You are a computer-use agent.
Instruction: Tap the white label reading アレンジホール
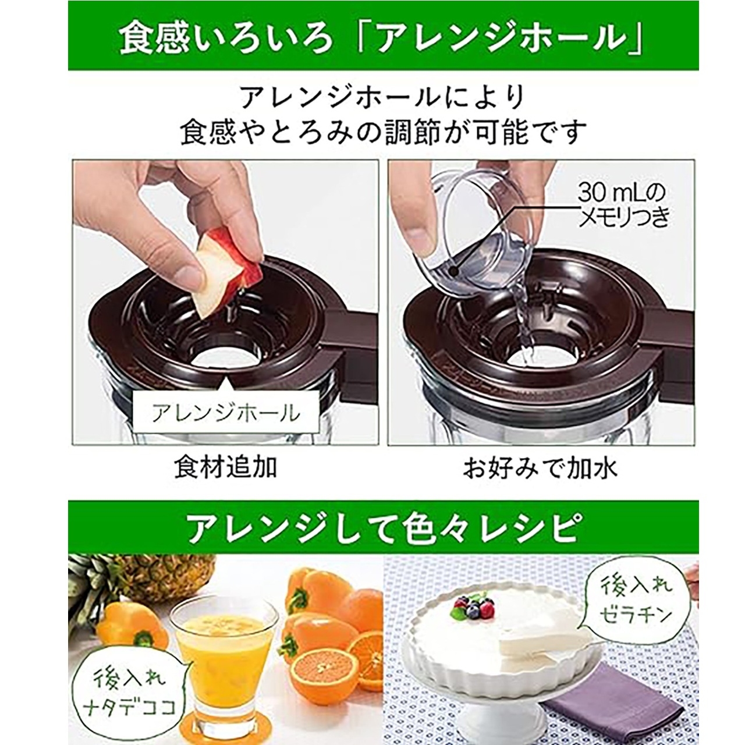[226, 413]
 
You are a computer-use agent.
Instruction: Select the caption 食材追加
[225, 467]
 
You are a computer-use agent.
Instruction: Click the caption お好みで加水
[540, 467]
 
